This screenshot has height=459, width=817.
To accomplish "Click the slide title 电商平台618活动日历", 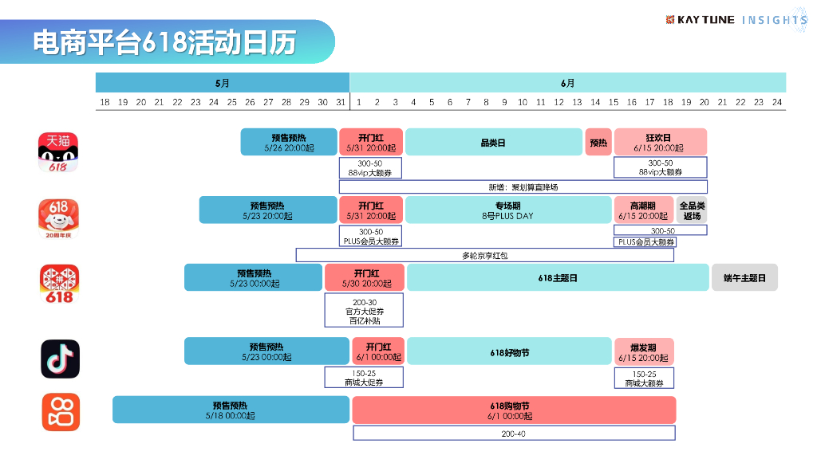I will point(164,42).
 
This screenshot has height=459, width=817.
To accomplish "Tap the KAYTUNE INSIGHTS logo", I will point(736,19).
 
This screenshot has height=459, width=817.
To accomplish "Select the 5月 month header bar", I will point(223,82).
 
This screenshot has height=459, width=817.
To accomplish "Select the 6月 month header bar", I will point(567,82).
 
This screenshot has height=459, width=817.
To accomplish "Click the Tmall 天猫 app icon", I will point(59,152).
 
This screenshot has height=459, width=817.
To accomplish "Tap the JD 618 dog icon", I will point(59,218).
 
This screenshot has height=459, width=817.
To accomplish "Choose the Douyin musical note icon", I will point(60,359).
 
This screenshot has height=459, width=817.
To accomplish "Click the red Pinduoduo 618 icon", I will point(60,284).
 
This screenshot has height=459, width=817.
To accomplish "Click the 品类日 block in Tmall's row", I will point(493,143).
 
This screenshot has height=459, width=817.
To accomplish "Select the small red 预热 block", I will point(598,143).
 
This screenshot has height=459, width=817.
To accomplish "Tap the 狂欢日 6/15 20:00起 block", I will point(660,143).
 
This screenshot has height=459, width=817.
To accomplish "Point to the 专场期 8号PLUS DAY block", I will point(508,210).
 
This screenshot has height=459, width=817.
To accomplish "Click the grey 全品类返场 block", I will point(692,210).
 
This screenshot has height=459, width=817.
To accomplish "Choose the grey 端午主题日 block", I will point(744,277).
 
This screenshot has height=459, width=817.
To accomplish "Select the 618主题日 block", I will point(557,277).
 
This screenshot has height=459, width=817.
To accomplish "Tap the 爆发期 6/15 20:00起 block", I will point(643,352).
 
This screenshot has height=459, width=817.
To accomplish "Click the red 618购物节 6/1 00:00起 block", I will point(513,410).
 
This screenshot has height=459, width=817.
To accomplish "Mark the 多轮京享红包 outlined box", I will point(484,255).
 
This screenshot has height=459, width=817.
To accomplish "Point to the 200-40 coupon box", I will point(513,433).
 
